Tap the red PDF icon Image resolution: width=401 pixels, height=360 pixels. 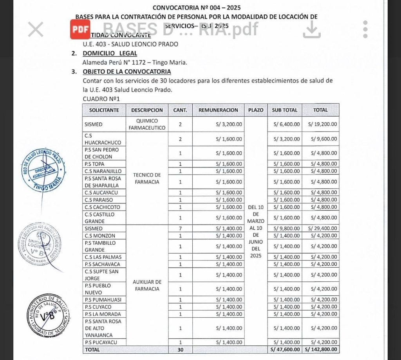[x=80, y=29]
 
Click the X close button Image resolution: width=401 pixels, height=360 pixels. [x=36, y=29]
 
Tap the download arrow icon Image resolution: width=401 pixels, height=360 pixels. [x=312, y=29]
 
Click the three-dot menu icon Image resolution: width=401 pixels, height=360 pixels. [x=365, y=29]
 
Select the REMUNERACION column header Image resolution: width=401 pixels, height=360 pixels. [x=218, y=110]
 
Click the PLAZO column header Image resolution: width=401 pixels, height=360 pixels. [x=256, y=110]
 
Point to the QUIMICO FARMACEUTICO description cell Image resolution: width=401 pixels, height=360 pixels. [x=147, y=124]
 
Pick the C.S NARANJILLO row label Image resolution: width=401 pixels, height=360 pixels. [x=103, y=171]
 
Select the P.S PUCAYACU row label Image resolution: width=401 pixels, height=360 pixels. [x=100, y=343]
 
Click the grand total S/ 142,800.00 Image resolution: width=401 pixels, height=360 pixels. [x=321, y=349]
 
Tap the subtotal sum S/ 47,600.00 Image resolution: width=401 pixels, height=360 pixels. [x=285, y=349]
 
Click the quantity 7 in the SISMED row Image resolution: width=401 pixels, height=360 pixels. [x=180, y=229]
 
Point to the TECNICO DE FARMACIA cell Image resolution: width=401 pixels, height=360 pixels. [x=147, y=178]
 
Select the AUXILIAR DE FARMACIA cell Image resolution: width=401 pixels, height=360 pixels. [x=147, y=285]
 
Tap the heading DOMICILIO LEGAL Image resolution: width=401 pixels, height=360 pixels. [x=110, y=53]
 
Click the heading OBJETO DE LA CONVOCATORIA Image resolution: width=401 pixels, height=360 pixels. [x=126, y=72]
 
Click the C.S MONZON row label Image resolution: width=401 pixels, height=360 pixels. [x=100, y=236]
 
